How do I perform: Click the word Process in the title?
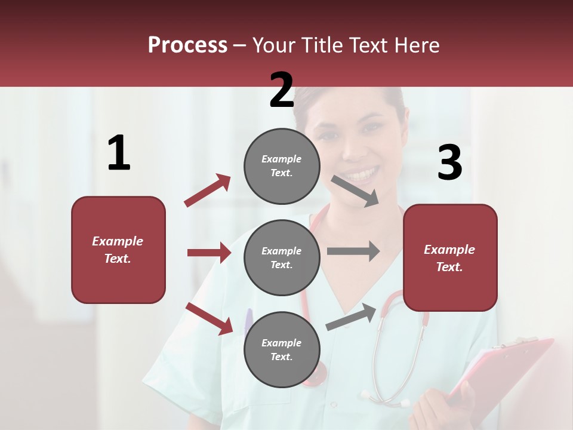coord(187,45)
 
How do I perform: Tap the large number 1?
coord(119,153)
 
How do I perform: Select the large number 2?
coord(282,90)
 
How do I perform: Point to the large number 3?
coord(449,163)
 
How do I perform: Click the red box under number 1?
coord(118,250)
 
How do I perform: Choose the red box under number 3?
coord(450,257)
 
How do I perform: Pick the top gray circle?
coord(282,166)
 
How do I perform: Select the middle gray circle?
coord(282,257)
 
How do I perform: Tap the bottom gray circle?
coord(282,349)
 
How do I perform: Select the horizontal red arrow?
coord(209,253)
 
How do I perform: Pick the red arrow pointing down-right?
coord(210,318)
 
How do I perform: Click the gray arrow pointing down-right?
coord(355,191)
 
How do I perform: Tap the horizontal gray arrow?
coord(353,251)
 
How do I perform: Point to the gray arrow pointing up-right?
coord(351,317)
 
